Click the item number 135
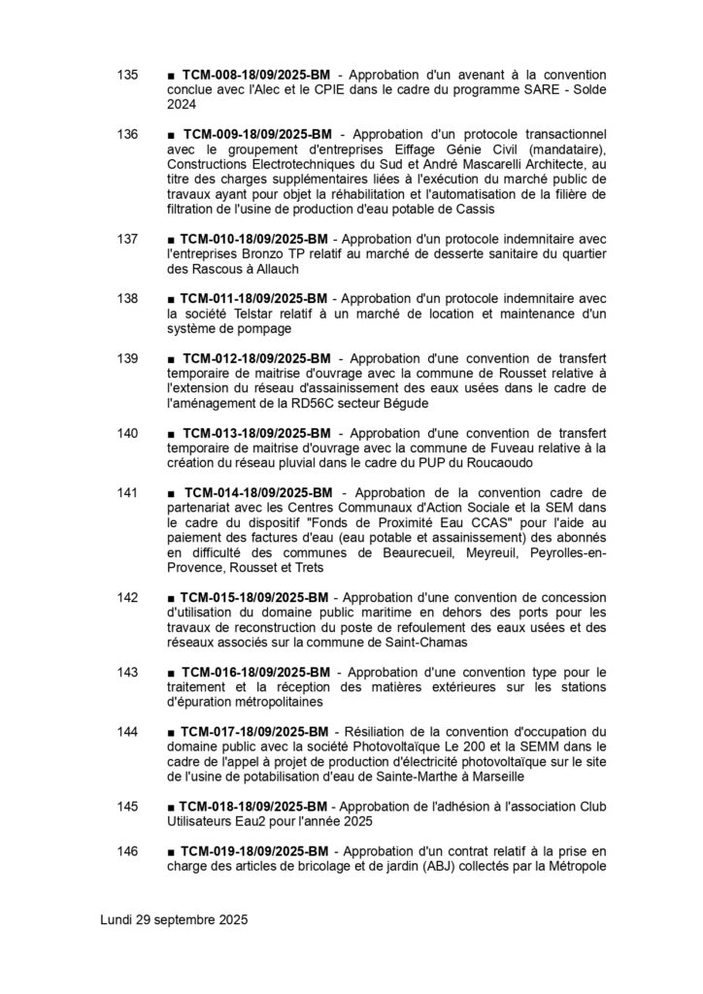(127, 75)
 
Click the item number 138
(127, 298)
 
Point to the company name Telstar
(252, 314)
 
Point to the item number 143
(127, 672)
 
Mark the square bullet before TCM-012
(171, 359)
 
